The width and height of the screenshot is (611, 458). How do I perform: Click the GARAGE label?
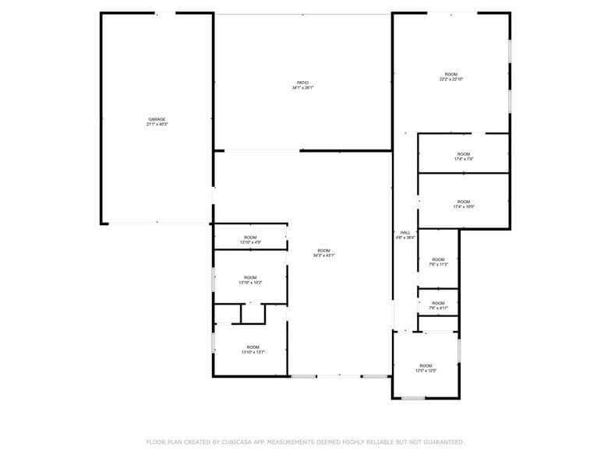coord(157,119)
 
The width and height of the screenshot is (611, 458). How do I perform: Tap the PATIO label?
coord(302,83)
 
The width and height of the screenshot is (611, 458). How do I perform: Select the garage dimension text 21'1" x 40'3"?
coord(157,125)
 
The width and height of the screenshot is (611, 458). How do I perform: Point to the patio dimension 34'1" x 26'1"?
coord(302,88)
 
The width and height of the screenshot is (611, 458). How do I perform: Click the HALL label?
coord(405,232)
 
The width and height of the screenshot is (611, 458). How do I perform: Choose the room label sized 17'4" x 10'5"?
coord(464,204)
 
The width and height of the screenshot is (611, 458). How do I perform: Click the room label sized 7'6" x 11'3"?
coord(438,262)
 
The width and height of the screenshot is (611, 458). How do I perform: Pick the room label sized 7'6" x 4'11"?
coord(438,305)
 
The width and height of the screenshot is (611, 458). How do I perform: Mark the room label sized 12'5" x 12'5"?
coord(426,368)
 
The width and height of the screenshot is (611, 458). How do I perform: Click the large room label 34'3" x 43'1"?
coord(323,252)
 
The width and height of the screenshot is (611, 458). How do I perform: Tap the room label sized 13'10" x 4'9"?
coord(250,240)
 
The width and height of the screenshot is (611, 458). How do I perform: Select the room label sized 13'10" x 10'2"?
coord(250,280)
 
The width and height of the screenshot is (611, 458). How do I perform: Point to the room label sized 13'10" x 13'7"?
coord(253,350)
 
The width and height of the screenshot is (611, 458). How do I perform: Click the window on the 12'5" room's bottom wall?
coord(413,398)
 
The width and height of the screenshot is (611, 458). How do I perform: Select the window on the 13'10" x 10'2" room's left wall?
coord(214,279)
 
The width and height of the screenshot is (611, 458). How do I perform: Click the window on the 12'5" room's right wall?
coord(459,351)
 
